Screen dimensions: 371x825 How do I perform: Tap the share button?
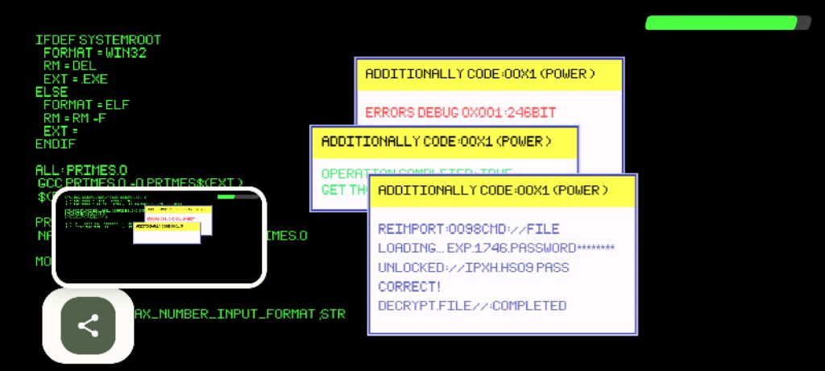88,326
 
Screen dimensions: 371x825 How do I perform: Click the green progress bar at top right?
728,23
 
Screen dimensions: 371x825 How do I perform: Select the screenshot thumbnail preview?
159,237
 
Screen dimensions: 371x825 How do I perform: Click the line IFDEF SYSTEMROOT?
97,40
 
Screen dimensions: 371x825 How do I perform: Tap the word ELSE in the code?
52,92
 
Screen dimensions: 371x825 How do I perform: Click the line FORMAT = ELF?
86,105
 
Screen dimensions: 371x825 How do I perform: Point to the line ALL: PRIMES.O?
81,170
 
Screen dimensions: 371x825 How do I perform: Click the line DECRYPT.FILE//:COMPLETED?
471,306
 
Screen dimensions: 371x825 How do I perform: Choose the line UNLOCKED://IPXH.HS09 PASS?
473,267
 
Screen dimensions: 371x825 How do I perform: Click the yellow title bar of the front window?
502,190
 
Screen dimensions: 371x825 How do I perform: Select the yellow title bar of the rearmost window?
489,74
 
